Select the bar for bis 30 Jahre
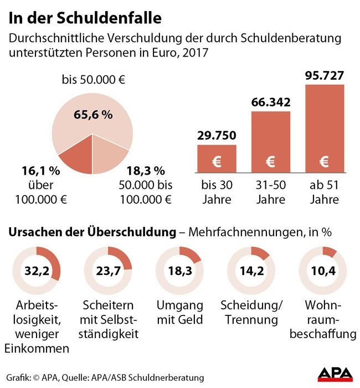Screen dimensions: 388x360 coord(217,159)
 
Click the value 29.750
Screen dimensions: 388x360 coord(217,135)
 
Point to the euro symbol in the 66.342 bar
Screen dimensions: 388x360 coord(271,162)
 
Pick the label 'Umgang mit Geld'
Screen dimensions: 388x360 coord(180,313)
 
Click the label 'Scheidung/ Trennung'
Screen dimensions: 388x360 coord(252,313)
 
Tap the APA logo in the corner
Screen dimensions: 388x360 coord(335,374)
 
